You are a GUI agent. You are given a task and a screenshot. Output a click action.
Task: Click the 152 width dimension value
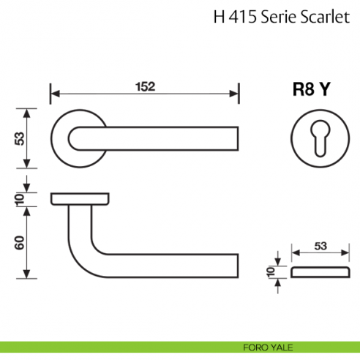click(x=145, y=87)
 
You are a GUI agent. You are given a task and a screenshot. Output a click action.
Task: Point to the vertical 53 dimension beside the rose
click(x=22, y=138)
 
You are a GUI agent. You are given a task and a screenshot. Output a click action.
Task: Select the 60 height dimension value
click(x=22, y=242)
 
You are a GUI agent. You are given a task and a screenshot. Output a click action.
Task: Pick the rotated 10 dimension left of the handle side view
click(x=22, y=198)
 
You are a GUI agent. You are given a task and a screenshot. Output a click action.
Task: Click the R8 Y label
click(x=312, y=89)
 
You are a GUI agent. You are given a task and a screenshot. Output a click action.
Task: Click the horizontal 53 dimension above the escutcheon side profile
click(x=320, y=247)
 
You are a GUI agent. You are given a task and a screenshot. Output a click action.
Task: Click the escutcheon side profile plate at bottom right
click(x=320, y=272)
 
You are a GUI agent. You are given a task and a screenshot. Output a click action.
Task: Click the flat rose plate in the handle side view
click(x=80, y=198)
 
